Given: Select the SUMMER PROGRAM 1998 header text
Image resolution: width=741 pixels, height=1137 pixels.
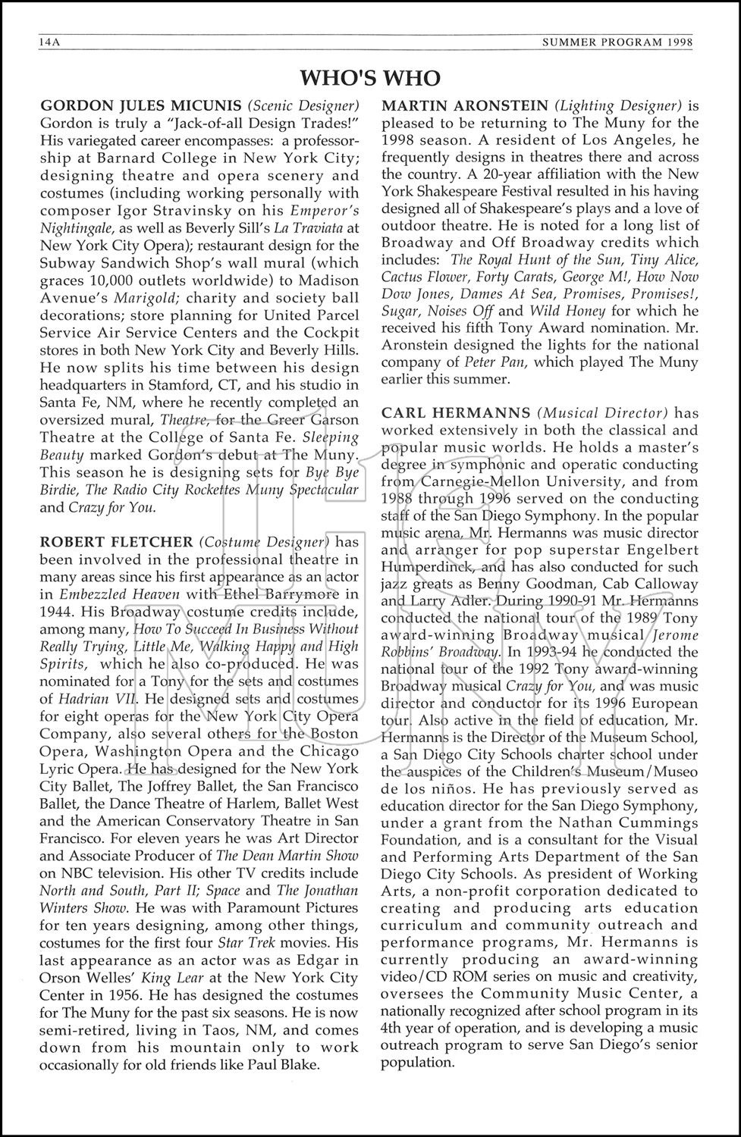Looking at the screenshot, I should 617,43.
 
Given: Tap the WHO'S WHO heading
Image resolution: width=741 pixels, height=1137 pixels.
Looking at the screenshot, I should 370,77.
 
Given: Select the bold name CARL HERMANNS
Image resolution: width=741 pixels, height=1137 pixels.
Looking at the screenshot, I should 456,413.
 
